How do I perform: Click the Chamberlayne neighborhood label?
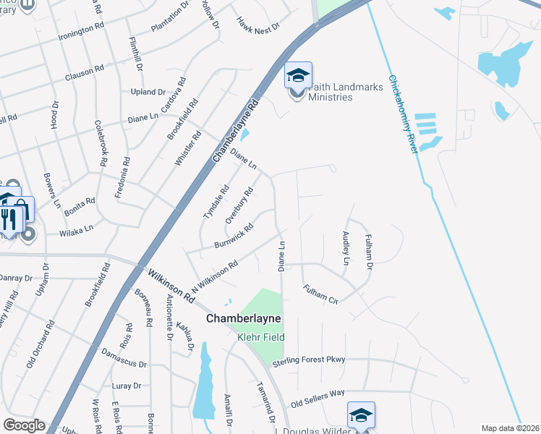coord(243,318)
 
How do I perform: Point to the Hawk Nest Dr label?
coord(257,28)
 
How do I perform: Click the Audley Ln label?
coord(346,248)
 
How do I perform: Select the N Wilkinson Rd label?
coord(215,277)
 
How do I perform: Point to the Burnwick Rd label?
coord(234,236)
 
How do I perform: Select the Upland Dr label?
coord(148,92)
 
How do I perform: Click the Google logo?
coord(24,425)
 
